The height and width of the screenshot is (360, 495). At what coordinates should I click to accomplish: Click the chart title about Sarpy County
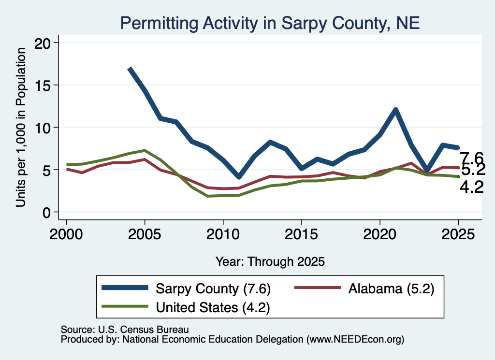(x=270, y=23)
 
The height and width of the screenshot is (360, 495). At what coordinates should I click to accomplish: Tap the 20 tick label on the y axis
(x=43, y=43)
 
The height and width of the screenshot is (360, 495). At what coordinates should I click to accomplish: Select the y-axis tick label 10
(x=43, y=128)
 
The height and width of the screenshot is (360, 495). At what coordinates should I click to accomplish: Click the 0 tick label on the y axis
(x=46, y=213)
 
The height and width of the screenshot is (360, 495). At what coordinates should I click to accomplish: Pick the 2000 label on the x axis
(x=66, y=234)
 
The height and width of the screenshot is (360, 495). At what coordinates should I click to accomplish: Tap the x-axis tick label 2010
(x=223, y=234)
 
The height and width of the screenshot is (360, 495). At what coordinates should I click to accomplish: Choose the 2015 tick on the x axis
(x=302, y=234)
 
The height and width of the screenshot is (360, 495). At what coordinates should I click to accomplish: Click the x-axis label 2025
(x=458, y=234)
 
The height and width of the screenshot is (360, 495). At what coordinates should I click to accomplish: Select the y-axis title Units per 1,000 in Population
(x=20, y=127)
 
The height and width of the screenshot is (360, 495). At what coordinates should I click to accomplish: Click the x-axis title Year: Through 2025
(x=270, y=261)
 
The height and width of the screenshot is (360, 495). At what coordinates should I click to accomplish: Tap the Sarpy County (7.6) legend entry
(x=186, y=288)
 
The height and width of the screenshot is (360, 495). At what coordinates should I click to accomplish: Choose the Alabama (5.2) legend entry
(x=364, y=288)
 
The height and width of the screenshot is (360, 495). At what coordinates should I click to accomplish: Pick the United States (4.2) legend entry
(x=186, y=307)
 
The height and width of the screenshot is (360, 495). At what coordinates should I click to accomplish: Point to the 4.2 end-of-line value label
(x=472, y=187)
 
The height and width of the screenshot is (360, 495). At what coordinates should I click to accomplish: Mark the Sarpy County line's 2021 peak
(x=395, y=110)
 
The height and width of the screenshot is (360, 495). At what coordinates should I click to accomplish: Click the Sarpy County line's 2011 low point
(x=239, y=177)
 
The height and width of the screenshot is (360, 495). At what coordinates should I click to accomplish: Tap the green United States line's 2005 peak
(x=145, y=150)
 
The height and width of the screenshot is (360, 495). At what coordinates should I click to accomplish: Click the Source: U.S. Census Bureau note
(x=125, y=330)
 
